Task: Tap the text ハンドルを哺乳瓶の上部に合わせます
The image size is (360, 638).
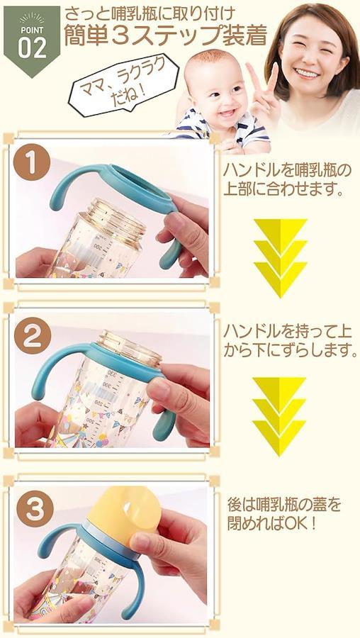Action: (x=287, y=180)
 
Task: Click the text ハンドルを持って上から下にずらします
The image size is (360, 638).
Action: (x=290, y=341)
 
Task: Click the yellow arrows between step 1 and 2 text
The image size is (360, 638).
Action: (x=281, y=257)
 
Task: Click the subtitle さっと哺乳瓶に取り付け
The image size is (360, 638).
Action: (x=150, y=15)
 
